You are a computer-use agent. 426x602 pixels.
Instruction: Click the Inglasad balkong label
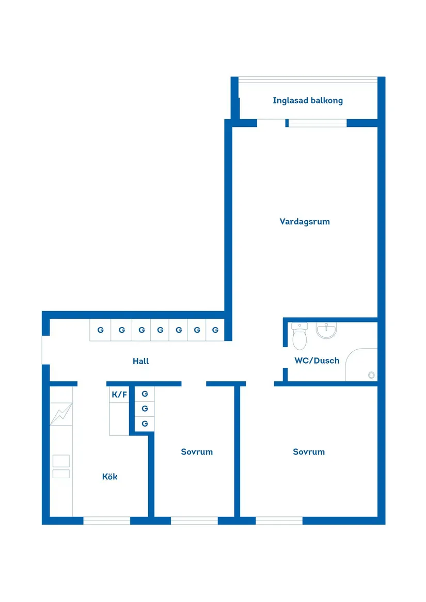[x=308, y=101]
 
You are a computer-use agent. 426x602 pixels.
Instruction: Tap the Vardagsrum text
[x=305, y=222]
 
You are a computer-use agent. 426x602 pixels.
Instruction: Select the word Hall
[x=140, y=362]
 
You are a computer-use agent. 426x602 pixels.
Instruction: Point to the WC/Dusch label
[x=317, y=361]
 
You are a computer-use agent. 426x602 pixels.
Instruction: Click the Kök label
[x=109, y=477]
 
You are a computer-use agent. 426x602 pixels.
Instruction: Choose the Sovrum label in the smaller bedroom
[x=197, y=452]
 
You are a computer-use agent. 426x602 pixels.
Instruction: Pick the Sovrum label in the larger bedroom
[x=309, y=452]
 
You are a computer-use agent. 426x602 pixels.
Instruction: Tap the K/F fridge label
[x=119, y=395]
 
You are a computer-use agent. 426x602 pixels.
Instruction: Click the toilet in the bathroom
[x=299, y=336]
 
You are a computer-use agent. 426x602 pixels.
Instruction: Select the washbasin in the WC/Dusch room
[x=326, y=331]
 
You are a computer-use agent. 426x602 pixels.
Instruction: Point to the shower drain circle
[x=371, y=375]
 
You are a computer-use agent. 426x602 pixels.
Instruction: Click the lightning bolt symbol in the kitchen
[x=61, y=414]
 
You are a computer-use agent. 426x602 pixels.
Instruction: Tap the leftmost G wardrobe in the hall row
[x=100, y=330]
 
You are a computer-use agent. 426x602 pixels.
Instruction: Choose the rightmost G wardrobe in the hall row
[x=215, y=330]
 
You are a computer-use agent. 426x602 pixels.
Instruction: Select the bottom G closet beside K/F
[x=145, y=424]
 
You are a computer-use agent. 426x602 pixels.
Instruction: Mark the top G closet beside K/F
[x=145, y=394]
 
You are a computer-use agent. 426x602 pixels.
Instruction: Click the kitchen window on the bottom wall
[x=107, y=520]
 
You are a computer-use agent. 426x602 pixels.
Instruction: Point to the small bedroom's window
[x=194, y=520]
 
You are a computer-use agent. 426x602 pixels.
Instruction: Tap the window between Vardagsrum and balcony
[x=317, y=123]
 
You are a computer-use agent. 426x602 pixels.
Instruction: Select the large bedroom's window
[x=279, y=520]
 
